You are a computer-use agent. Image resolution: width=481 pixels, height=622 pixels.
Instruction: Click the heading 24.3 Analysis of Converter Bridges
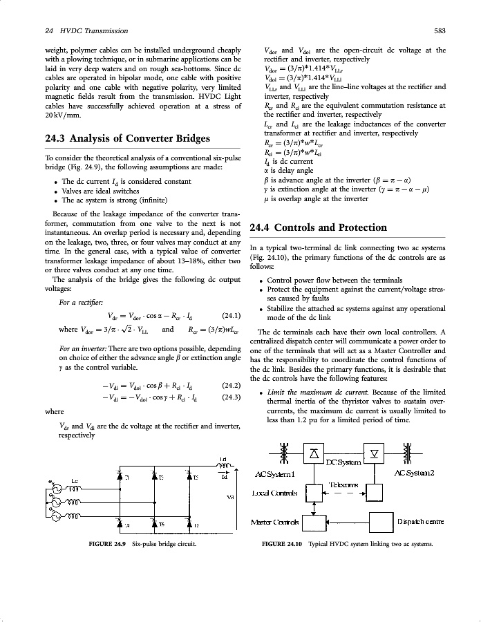(x=128, y=138)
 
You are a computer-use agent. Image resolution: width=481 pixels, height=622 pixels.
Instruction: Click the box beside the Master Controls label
(x=315, y=521)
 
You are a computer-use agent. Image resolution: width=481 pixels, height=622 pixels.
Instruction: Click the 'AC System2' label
(x=414, y=473)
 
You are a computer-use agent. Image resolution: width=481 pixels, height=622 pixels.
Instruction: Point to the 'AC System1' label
(x=275, y=473)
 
